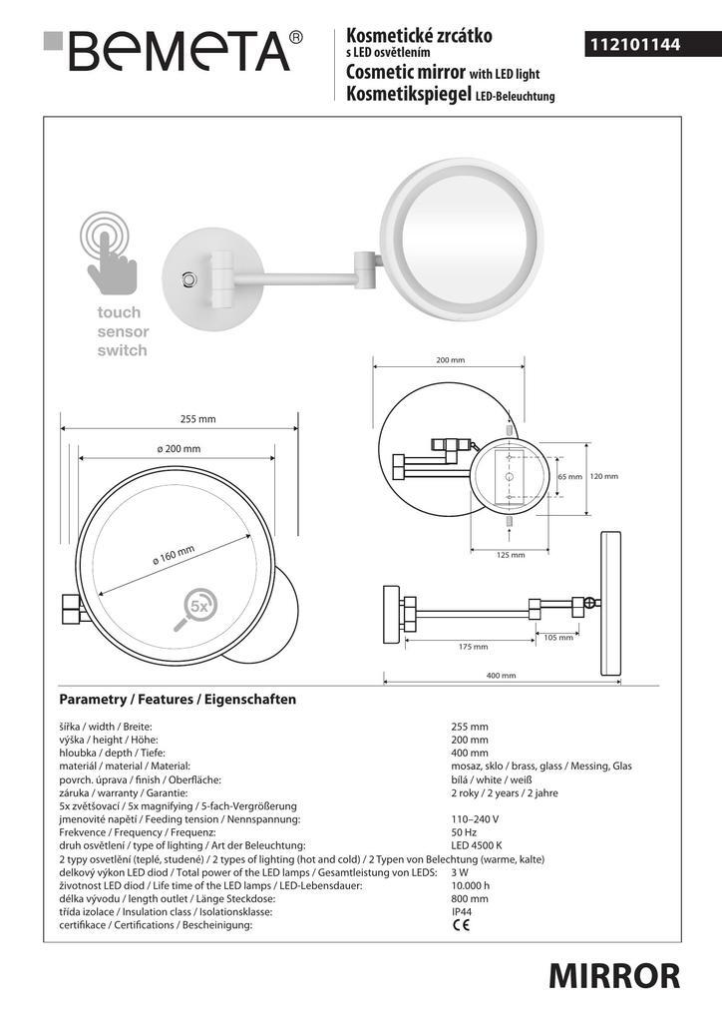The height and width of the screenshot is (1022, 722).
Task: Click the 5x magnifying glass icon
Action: coord(194,610)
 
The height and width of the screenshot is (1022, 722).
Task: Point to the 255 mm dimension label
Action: coord(197,419)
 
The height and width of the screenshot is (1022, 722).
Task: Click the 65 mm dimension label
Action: coord(569,476)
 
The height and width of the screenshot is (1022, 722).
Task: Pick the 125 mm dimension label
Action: coord(511,555)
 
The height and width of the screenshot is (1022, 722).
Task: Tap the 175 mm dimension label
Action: coord(474,647)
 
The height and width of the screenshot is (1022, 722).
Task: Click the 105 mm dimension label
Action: coord(558,638)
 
